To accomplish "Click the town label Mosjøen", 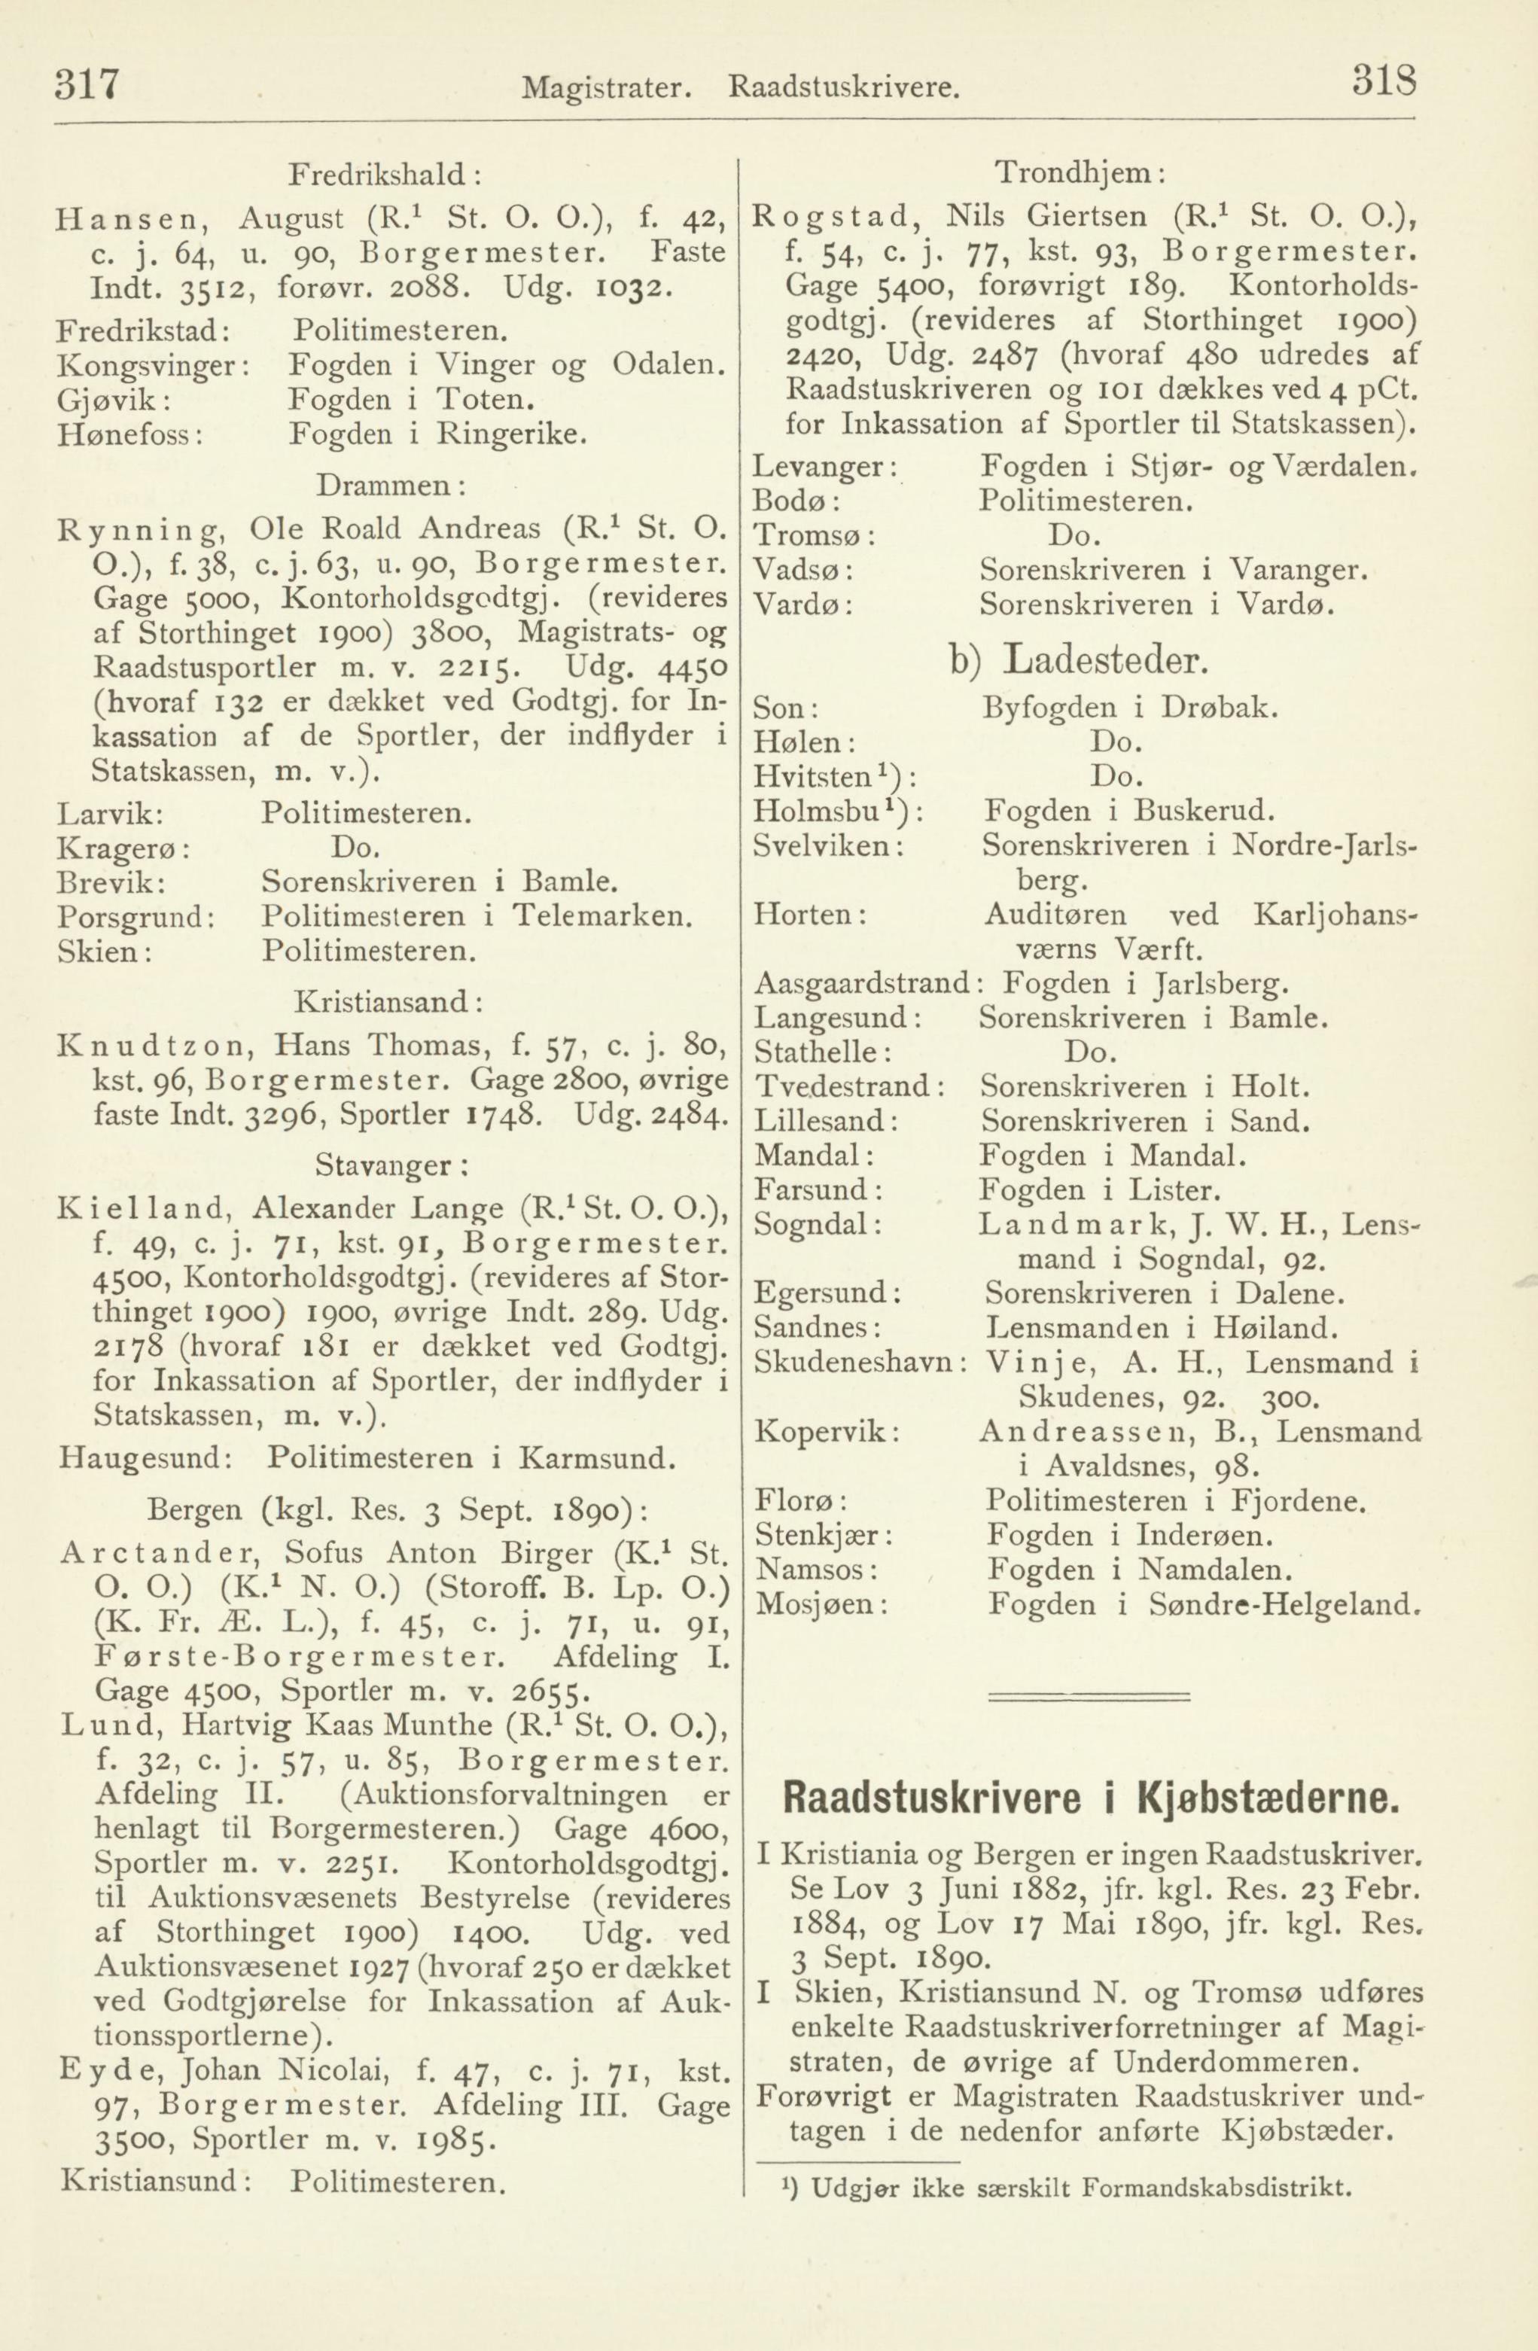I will [x=821, y=1603].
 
